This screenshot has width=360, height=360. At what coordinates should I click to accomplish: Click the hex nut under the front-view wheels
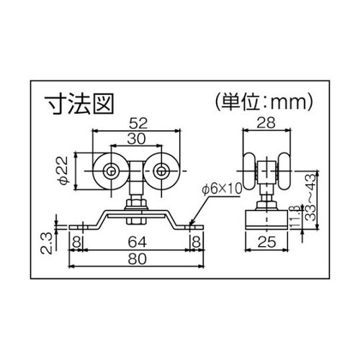(x=137, y=209)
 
